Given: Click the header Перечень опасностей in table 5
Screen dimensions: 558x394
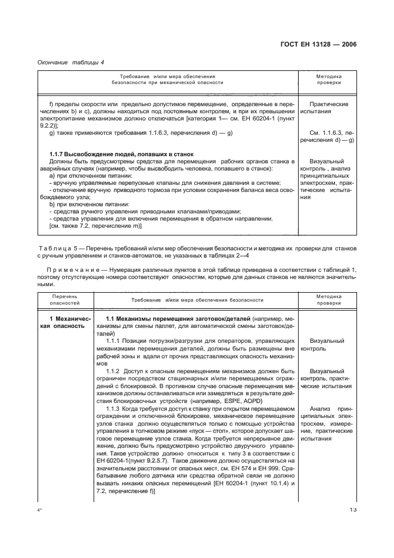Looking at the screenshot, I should (x=64, y=299).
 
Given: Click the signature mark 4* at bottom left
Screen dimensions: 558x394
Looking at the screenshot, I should (x=40, y=527).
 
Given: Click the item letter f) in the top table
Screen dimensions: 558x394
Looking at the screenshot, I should (x=51, y=104).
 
